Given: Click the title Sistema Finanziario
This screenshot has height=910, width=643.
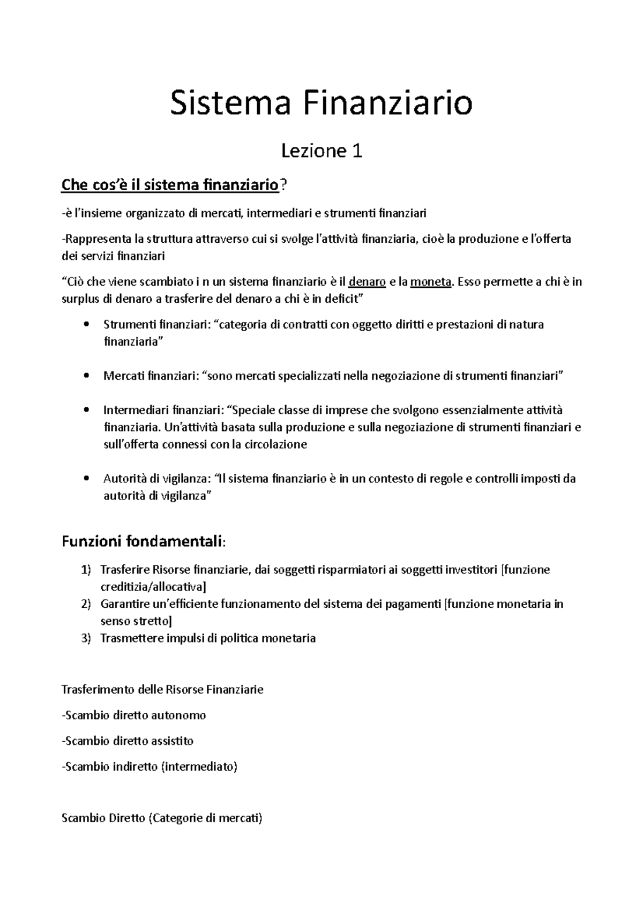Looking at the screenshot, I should tap(322, 104).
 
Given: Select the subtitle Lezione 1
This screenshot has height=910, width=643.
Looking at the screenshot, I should tap(322, 152).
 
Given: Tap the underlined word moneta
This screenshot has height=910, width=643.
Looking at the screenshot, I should tap(431, 282).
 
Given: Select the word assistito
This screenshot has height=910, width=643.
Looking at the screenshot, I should tap(173, 741).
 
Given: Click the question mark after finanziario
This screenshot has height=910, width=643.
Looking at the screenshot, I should tap(283, 186).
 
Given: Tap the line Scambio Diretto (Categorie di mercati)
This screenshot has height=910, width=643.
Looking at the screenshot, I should tap(162, 818).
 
